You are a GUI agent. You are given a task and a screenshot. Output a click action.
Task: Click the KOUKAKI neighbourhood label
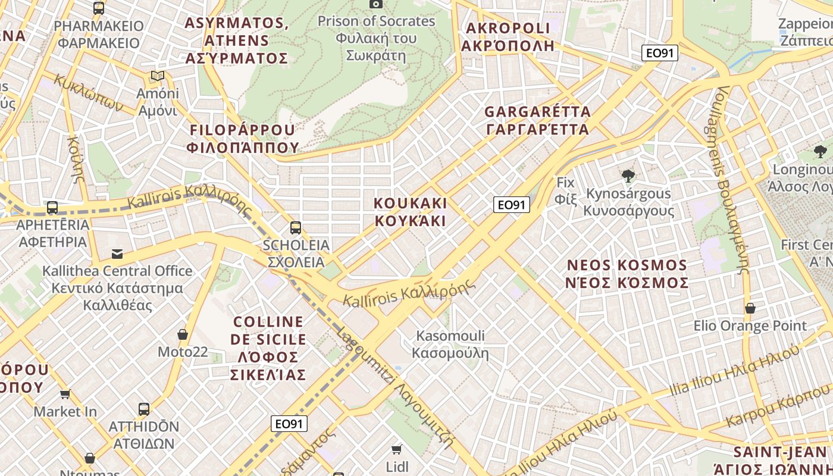[x=410, y=212]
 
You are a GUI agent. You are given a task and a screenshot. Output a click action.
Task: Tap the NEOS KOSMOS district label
[x=627, y=274]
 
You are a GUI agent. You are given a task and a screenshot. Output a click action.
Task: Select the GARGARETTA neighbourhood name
[x=537, y=120]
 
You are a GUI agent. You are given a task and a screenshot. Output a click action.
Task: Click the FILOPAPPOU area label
[x=242, y=139]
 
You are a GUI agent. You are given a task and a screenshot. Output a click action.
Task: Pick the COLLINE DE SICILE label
[x=268, y=348]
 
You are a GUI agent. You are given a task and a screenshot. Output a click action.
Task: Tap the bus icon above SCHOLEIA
[x=295, y=227]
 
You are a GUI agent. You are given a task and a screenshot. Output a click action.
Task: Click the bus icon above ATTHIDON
[x=144, y=409]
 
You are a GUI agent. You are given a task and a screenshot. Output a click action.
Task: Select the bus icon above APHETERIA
[x=52, y=208]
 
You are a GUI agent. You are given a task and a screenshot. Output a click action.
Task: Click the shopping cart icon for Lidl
[x=397, y=450]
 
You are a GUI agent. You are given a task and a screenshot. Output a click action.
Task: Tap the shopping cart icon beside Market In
[x=65, y=394]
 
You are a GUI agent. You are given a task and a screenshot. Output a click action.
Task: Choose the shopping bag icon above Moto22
[x=183, y=334]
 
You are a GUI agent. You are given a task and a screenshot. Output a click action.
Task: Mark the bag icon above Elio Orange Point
[x=750, y=308]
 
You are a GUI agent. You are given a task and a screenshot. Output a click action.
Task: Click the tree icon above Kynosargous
[x=627, y=176]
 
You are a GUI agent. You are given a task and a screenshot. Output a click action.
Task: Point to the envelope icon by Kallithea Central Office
[x=117, y=254]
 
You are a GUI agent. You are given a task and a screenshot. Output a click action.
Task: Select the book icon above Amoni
[x=157, y=76]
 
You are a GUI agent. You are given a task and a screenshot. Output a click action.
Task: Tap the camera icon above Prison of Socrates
[x=375, y=4]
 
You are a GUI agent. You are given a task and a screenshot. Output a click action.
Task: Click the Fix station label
[x=566, y=190]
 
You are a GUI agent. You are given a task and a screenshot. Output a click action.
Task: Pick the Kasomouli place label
[x=450, y=345]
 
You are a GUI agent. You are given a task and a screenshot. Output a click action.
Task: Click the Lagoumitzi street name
[x=396, y=387]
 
